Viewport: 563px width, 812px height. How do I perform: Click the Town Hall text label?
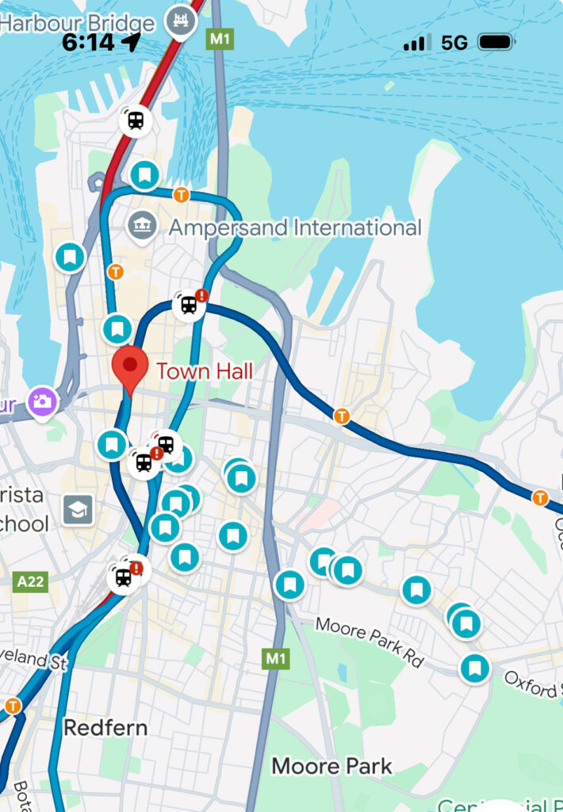click(205, 371)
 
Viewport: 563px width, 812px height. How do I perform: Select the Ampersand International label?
click(295, 228)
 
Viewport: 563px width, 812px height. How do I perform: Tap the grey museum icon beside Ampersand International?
click(141, 226)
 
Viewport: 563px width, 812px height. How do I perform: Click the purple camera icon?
click(43, 401)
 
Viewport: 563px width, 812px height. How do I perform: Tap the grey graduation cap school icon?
click(79, 510)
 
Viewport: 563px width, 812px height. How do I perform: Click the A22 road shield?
click(31, 583)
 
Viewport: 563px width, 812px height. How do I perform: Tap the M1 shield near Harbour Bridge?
click(220, 38)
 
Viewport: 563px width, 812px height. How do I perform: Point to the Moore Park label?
click(331, 766)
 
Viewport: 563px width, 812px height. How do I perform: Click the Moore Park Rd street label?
click(370, 640)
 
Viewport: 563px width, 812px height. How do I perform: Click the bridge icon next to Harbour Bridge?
click(180, 21)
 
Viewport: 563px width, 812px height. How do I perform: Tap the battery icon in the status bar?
click(496, 42)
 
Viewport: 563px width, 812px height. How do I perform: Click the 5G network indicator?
click(454, 42)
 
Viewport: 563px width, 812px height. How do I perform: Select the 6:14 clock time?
click(88, 42)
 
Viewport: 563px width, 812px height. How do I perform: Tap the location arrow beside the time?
click(132, 42)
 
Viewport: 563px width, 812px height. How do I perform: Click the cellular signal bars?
click(417, 42)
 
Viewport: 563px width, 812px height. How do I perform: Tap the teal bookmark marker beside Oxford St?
click(475, 668)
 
